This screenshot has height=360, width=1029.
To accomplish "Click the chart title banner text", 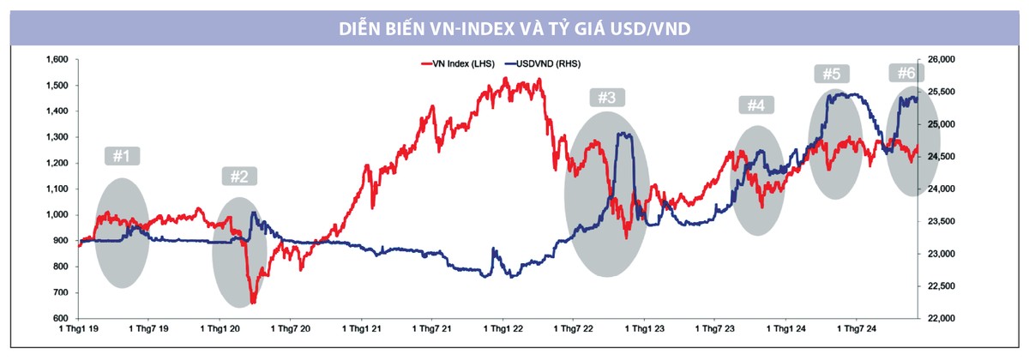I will tap(514, 29).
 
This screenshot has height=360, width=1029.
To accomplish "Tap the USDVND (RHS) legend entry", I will tap(548, 63).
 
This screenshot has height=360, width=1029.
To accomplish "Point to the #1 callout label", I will tap(121, 157).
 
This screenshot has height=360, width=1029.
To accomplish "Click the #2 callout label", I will tap(239, 177).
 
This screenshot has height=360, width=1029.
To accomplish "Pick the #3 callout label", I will tap(606, 98).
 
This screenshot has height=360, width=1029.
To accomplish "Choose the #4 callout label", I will tap(755, 105).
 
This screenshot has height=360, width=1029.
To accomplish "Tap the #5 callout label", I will tap(830, 74).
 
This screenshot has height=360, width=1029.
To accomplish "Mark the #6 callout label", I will tap(906, 74).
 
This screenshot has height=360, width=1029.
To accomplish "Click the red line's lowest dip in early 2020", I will tap(253, 302).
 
